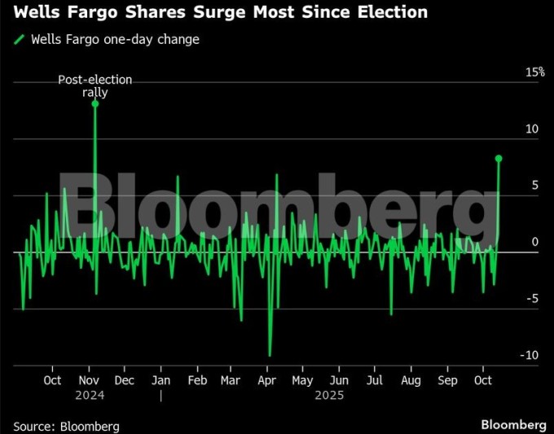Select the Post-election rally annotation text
pos(95,85)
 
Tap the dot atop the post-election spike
pos(95,104)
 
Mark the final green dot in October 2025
pos(499,158)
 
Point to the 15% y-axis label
pos(534,72)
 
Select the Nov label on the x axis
pos(88,380)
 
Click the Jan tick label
pos(160,380)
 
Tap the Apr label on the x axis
pos(266,380)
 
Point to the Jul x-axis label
pos(375,380)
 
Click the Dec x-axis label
pos(125,380)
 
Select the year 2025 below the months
pos(330,395)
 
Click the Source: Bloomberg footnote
pos(66,426)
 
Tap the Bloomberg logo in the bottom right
pos(513,425)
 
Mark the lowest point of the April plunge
pos(270,355)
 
